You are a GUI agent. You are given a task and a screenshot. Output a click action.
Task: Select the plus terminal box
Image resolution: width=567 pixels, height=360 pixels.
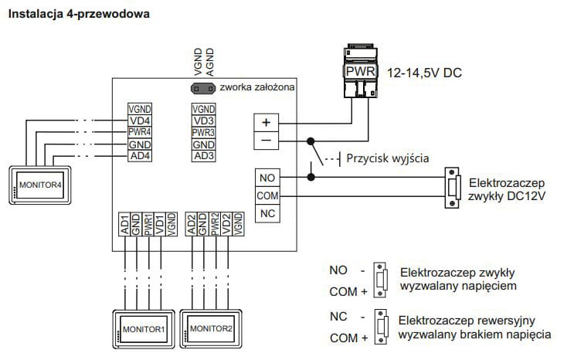[267, 122]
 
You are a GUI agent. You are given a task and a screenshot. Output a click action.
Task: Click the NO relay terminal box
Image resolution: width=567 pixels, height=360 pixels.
[267, 178]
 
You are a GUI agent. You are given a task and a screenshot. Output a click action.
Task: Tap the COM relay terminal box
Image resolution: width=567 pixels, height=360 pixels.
[267, 195]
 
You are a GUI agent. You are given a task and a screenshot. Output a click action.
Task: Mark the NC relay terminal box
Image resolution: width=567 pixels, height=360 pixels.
[267, 213]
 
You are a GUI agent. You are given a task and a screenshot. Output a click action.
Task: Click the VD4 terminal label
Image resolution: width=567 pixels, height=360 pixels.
[140, 121]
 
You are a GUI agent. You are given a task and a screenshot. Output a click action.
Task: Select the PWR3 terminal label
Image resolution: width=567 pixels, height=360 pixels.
[203, 132]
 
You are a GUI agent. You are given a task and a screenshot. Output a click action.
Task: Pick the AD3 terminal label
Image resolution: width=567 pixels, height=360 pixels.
[203, 156]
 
